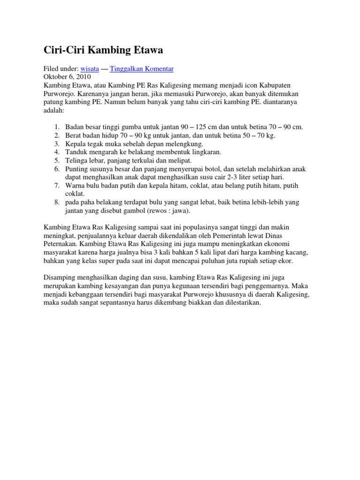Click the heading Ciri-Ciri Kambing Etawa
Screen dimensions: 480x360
(104, 49)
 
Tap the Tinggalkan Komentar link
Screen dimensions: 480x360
(142, 68)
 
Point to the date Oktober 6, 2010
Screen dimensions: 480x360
(67, 76)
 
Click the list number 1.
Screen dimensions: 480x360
(57, 127)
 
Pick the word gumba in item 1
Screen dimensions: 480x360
(133, 127)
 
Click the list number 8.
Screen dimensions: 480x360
(57, 202)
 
